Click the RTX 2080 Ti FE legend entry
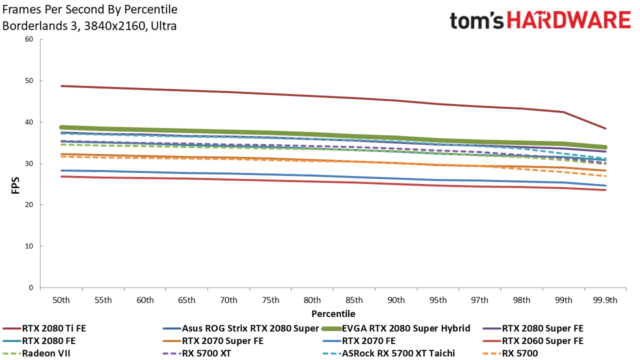[x=44, y=329]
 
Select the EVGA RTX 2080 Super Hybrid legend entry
[x=396, y=329]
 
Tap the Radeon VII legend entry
[x=36, y=354]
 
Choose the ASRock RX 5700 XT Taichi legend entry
[x=389, y=354]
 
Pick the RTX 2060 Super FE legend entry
[x=533, y=341]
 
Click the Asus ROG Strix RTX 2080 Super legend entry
[x=241, y=329]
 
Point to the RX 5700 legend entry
[x=510, y=354]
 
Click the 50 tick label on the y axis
[x=29, y=81]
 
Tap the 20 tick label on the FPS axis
[x=29, y=205]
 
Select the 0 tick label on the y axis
[x=31, y=287]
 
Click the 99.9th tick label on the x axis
[x=605, y=300]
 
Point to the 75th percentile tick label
[x=270, y=300]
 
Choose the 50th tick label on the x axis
[x=61, y=300]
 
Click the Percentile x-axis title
[x=333, y=314]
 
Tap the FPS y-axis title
[x=15, y=186]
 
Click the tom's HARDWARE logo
[x=540, y=20]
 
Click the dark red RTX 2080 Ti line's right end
[x=605, y=129]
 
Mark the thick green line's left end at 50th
[x=61, y=127]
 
